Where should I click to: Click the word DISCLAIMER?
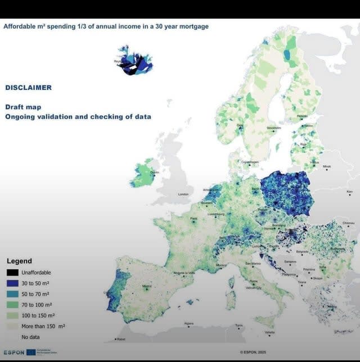pyautogui.click(x=28, y=87)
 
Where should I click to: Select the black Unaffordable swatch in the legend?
pyautogui.click(x=12, y=273)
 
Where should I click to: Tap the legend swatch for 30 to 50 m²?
pyautogui.click(x=12, y=283)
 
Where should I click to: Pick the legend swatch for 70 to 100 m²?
pyautogui.click(x=12, y=305)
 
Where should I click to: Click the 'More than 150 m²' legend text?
pyautogui.click(x=43, y=326)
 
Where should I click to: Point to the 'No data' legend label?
pyautogui.click(x=30, y=337)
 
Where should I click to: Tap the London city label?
pyautogui.click(x=185, y=194)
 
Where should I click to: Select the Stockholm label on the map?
pyautogui.click(x=274, y=128)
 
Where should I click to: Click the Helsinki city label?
pyautogui.click(x=302, y=116)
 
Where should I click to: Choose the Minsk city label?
pyautogui.click(x=327, y=166)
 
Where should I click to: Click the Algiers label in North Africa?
pyautogui.click(x=190, y=323)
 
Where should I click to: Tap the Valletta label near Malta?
pyautogui.click(x=270, y=332)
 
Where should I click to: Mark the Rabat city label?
pyautogui.click(x=120, y=339)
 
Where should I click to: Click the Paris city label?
pyautogui.click(x=193, y=219)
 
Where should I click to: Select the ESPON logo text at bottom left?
pyautogui.click(x=14, y=352)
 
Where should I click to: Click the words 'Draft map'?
pyautogui.click(x=23, y=107)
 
